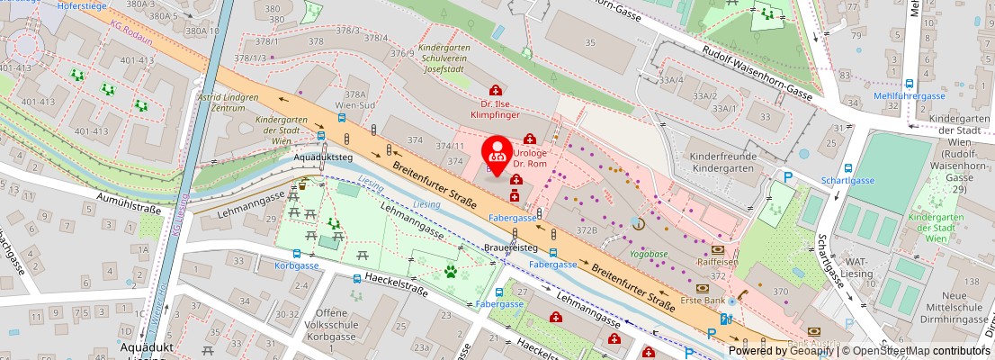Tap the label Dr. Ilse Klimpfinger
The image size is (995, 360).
[x=495, y=109]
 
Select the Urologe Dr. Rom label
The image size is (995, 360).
[x=531, y=158]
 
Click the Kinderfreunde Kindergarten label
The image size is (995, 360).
[x=721, y=163]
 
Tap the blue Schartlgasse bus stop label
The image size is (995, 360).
[x=848, y=180]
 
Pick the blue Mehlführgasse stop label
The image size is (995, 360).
[x=910, y=95]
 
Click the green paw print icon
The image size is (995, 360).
[x=451, y=271]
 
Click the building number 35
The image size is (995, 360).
[x=590, y=42]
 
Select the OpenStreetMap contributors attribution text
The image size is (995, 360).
[x=921, y=351]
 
